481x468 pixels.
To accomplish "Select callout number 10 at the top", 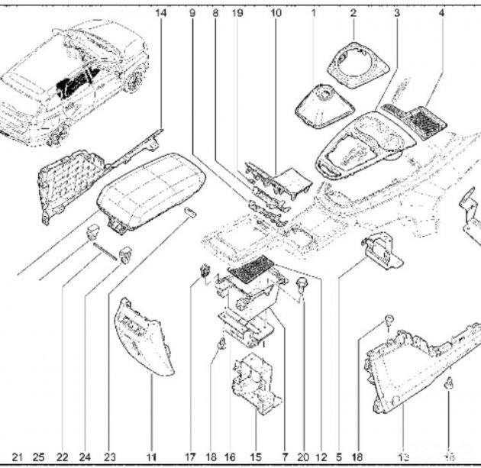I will point(276,13).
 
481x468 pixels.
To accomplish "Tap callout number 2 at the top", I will point(353,13).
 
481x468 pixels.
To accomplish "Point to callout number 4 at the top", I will point(441,13).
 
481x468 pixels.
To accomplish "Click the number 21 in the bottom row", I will point(18,457).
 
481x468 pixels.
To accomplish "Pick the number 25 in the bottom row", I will point(39,457).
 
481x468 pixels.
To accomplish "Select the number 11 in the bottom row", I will point(151,457).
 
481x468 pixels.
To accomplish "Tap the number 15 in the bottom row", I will point(256,457).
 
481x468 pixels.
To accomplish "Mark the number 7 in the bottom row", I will point(284,457).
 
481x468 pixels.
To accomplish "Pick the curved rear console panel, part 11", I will point(144,336).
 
